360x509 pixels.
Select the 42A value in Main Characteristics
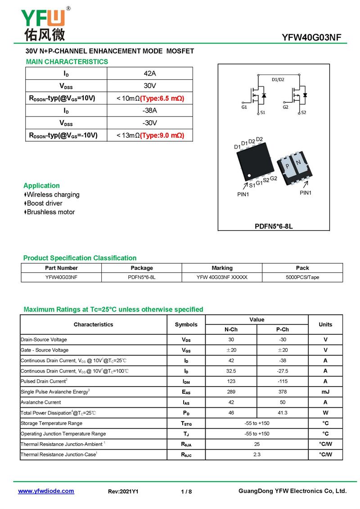click(x=150, y=73)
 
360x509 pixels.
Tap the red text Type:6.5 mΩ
click(x=162, y=98)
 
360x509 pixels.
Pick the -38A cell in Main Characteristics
click(x=150, y=111)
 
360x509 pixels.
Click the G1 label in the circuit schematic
click(x=244, y=108)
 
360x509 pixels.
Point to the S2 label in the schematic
click(x=303, y=113)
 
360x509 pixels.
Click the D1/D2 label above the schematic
click(x=278, y=80)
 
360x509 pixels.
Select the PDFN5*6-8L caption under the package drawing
click(x=274, y=226)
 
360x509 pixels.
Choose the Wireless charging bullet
click(x=53, y=194)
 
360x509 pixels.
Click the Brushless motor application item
click(x=50, y=212)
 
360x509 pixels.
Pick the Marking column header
click(x=222, y=268)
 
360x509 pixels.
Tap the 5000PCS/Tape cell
click(x=302, y=277)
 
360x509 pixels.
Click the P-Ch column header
click(x=282, y=329)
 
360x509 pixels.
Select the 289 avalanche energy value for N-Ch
click(x=231, y=392)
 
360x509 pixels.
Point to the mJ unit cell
click(x=325, y=392)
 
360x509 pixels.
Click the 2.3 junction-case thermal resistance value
click(x=256, y=455)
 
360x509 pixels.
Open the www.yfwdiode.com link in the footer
click(x=46, y=491)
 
